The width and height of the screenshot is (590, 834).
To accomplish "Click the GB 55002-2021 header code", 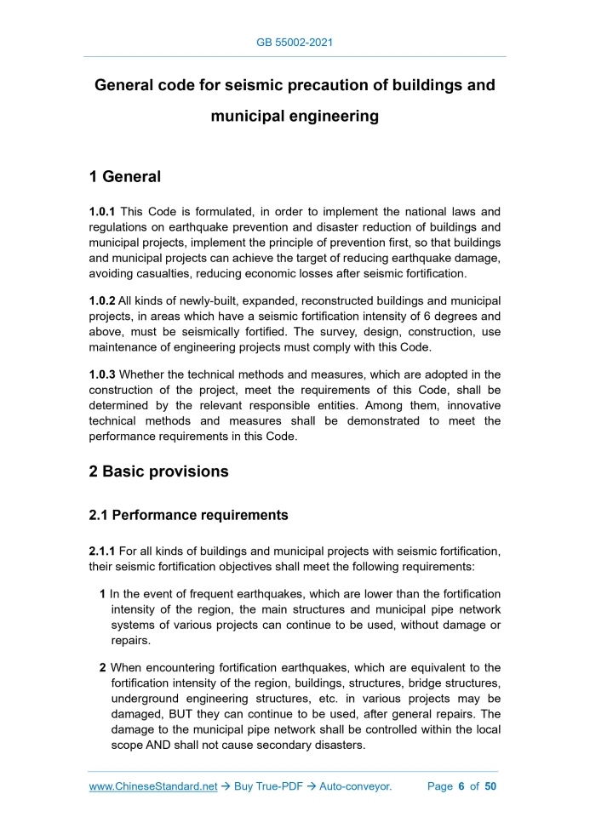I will pos(295,42).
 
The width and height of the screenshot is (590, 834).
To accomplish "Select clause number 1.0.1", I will pos(103,211).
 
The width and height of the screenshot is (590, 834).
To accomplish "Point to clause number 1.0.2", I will pos(103,301).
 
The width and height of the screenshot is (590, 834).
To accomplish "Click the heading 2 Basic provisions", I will pos(158,471).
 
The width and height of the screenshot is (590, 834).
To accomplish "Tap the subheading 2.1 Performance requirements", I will pos(188,515).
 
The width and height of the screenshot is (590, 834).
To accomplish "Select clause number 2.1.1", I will pos(103,551).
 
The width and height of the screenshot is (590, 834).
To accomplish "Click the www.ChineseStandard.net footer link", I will pos(153,786).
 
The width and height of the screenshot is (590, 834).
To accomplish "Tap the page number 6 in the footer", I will pos(461,786).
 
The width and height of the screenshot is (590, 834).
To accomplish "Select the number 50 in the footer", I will pos(490,786).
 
